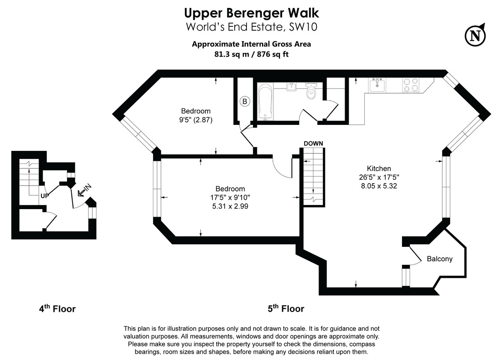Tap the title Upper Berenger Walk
point(251,13)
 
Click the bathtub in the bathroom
point(266,101)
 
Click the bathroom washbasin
point(292,87)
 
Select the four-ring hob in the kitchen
point(410,85)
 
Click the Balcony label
point(439,259)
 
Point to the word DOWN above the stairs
point(313,143)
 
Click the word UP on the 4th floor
point(45,196)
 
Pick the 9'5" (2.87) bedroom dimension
point(196,120)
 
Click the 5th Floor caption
point(286,309)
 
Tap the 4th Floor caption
point(57,309)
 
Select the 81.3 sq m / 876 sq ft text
point(251,54)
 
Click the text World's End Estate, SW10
point(251,27)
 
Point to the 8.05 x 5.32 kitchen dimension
point(379,186)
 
